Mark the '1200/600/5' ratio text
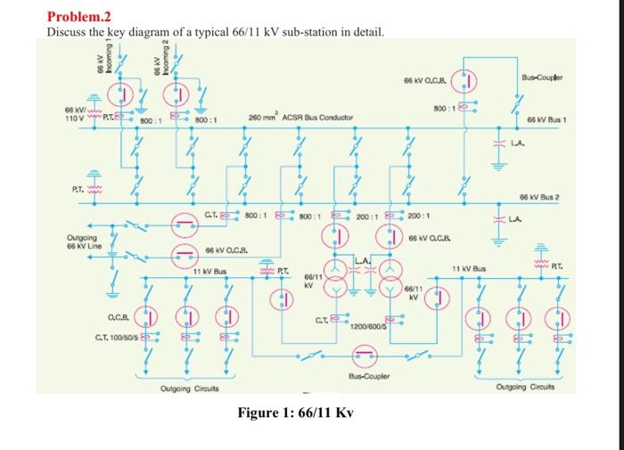coord(368,326)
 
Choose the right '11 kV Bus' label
coord(467,267)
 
